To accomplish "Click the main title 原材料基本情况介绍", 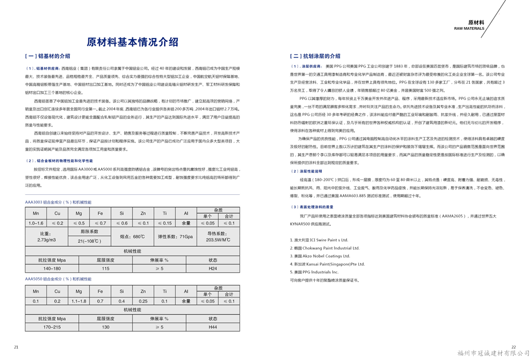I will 132,43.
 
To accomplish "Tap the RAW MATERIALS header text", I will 469,29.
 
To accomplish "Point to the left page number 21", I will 16,347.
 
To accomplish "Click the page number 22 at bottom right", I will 513,347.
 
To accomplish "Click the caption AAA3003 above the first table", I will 58,203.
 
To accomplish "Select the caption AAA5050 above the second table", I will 58,279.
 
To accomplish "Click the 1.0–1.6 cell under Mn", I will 36,223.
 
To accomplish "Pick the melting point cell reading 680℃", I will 131,237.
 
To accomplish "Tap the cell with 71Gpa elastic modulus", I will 175,237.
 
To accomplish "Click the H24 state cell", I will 213,268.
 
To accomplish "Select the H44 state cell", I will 213,327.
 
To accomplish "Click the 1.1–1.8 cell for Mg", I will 79,301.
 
